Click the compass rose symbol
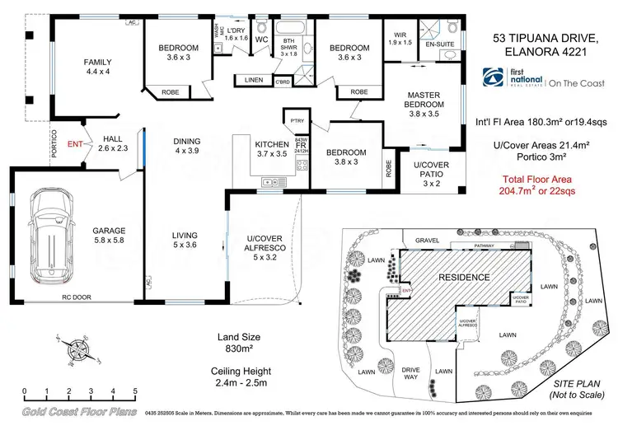pos(78,347)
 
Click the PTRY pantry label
pos(297,121)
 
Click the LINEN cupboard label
pos(253,80)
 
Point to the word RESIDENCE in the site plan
pos(463,277)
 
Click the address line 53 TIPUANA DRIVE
pos(543,37)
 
